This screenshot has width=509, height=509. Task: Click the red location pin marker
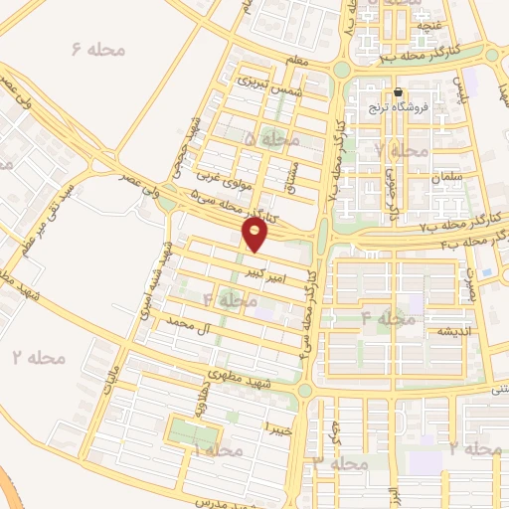(x=255, y=234)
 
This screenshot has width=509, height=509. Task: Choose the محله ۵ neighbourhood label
(x=270, y=140)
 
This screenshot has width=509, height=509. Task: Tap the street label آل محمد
(x=191, y=324)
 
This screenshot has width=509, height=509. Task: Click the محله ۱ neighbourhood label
(x=216, y=451)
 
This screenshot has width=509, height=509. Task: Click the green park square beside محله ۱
(x=193, y=433)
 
